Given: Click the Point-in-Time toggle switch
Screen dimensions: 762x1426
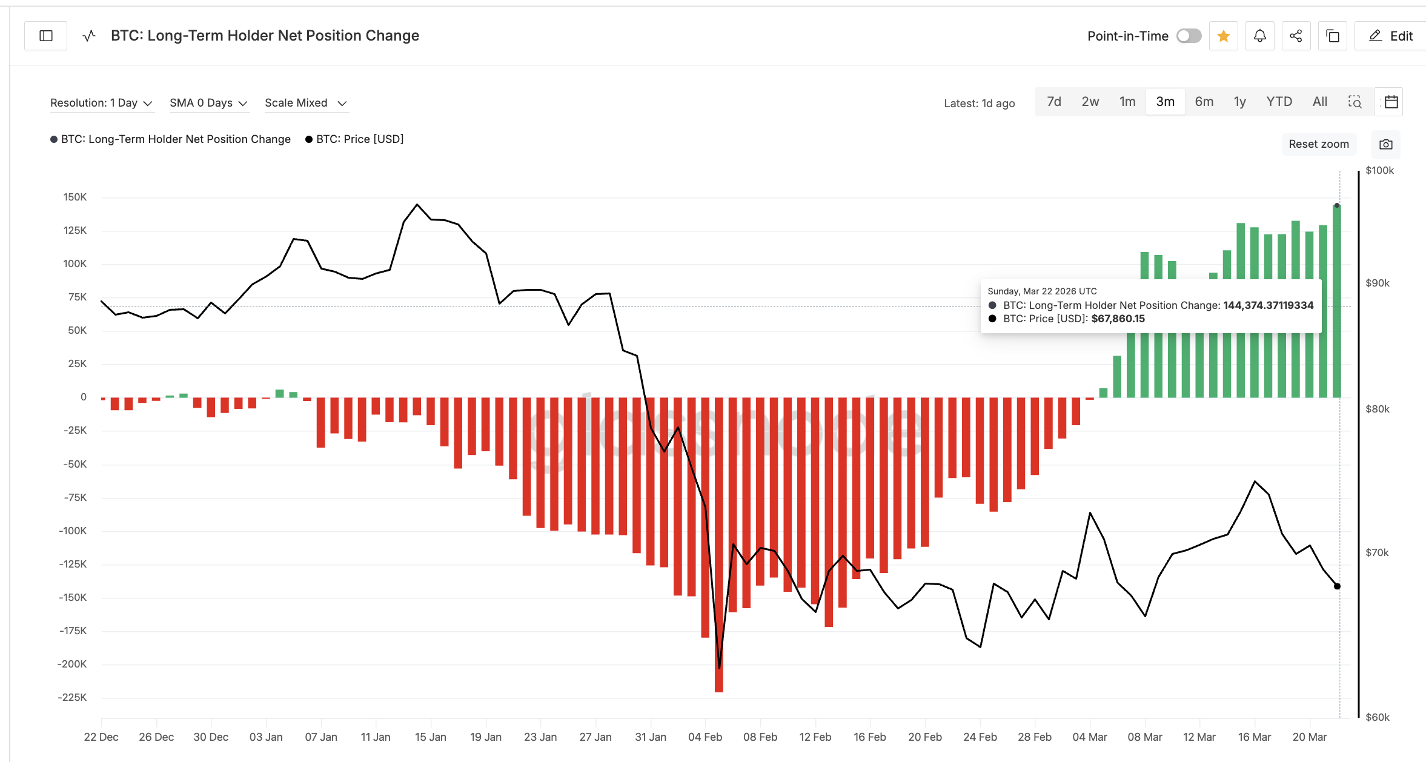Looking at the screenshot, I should coord(1189,36).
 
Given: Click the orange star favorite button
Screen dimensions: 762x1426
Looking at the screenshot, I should coord(1224,36).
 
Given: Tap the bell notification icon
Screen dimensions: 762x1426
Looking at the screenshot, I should coord(1260,36).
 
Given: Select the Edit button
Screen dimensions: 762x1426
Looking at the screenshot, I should coord(1391,36).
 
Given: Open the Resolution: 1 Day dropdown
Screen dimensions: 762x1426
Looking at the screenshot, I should coord(101,103).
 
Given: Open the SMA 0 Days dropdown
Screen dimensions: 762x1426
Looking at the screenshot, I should coord(208,103).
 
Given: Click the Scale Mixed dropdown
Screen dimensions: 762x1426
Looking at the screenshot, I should coord(305,103).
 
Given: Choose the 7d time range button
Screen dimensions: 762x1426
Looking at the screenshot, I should coord(1054,102).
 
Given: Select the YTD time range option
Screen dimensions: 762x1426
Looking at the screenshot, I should coord(1279,102).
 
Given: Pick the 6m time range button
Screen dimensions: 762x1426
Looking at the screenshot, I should coord(1204,102).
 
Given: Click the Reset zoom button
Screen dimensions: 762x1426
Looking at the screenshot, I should coord(1319,144).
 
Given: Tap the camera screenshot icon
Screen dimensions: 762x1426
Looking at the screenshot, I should coord(1386,145).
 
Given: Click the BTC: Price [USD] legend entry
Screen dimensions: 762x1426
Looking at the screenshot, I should coord(359,139).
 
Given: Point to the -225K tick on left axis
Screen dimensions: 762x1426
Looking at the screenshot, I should coord(73,697).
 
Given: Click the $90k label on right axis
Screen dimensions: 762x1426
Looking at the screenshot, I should coord(1378,283).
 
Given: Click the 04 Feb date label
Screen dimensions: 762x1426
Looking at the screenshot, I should coord(705,737).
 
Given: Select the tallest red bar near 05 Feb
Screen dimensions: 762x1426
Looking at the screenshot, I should coord(719,545).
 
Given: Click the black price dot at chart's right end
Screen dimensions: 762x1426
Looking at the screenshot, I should coord(1337,586).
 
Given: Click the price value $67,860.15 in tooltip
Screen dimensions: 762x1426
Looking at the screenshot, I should coord(1118,319).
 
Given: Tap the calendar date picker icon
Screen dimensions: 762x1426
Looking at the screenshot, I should coord(1391,102).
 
